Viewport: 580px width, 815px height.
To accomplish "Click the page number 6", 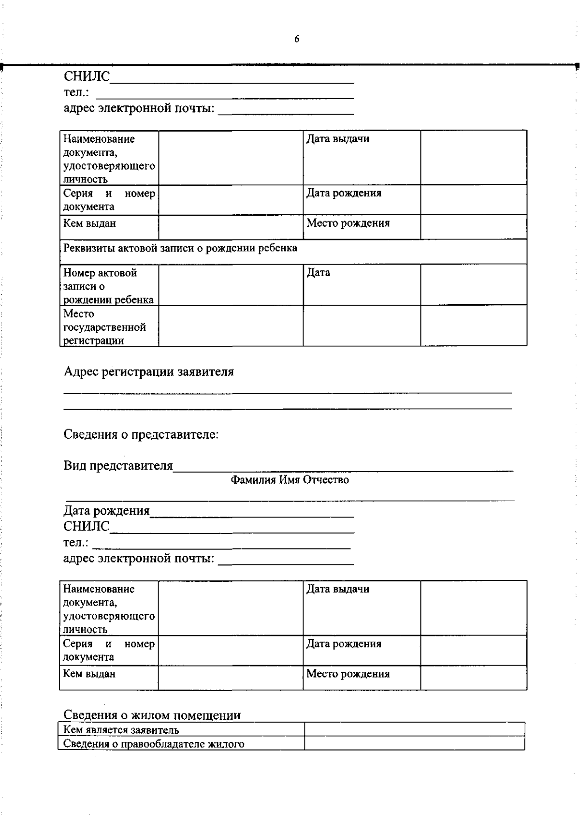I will tap(296, 40).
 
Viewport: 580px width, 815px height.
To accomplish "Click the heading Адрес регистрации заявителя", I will tap(148, 372).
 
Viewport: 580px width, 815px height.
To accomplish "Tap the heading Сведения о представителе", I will tap(141, 434).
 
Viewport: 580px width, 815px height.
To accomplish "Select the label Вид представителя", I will tap(118, 466).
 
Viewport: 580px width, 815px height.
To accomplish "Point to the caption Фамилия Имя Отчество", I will tap(290, 480).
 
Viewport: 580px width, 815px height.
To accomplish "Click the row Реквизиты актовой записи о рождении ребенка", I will tap(180, 249).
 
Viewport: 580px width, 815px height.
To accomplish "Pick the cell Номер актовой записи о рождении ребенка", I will tap(108, 286).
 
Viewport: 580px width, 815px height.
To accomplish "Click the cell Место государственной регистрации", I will tap(104, 327).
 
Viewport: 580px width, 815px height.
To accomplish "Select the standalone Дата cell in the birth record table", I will tap(319, 273).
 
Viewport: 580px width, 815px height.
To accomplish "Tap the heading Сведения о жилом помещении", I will tap(152, 715).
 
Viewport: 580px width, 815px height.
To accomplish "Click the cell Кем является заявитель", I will tap(121, 730).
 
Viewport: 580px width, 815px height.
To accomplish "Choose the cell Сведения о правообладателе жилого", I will tap(154, 744).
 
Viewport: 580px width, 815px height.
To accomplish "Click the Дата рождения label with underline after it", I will tap(106, 511).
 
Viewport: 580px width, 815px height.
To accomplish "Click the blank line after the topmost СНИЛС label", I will tap(232, 77).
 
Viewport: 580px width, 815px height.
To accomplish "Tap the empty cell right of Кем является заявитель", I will tap(414, 729).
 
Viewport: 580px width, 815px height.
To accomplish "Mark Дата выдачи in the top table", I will tap(338, 139).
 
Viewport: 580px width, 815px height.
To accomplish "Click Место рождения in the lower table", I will tap(348, 674).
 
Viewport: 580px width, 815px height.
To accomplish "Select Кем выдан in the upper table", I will tap(89, 223).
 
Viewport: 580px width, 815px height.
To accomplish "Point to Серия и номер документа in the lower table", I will tap(109, 651).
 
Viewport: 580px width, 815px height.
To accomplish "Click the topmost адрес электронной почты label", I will tap(139, 108).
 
